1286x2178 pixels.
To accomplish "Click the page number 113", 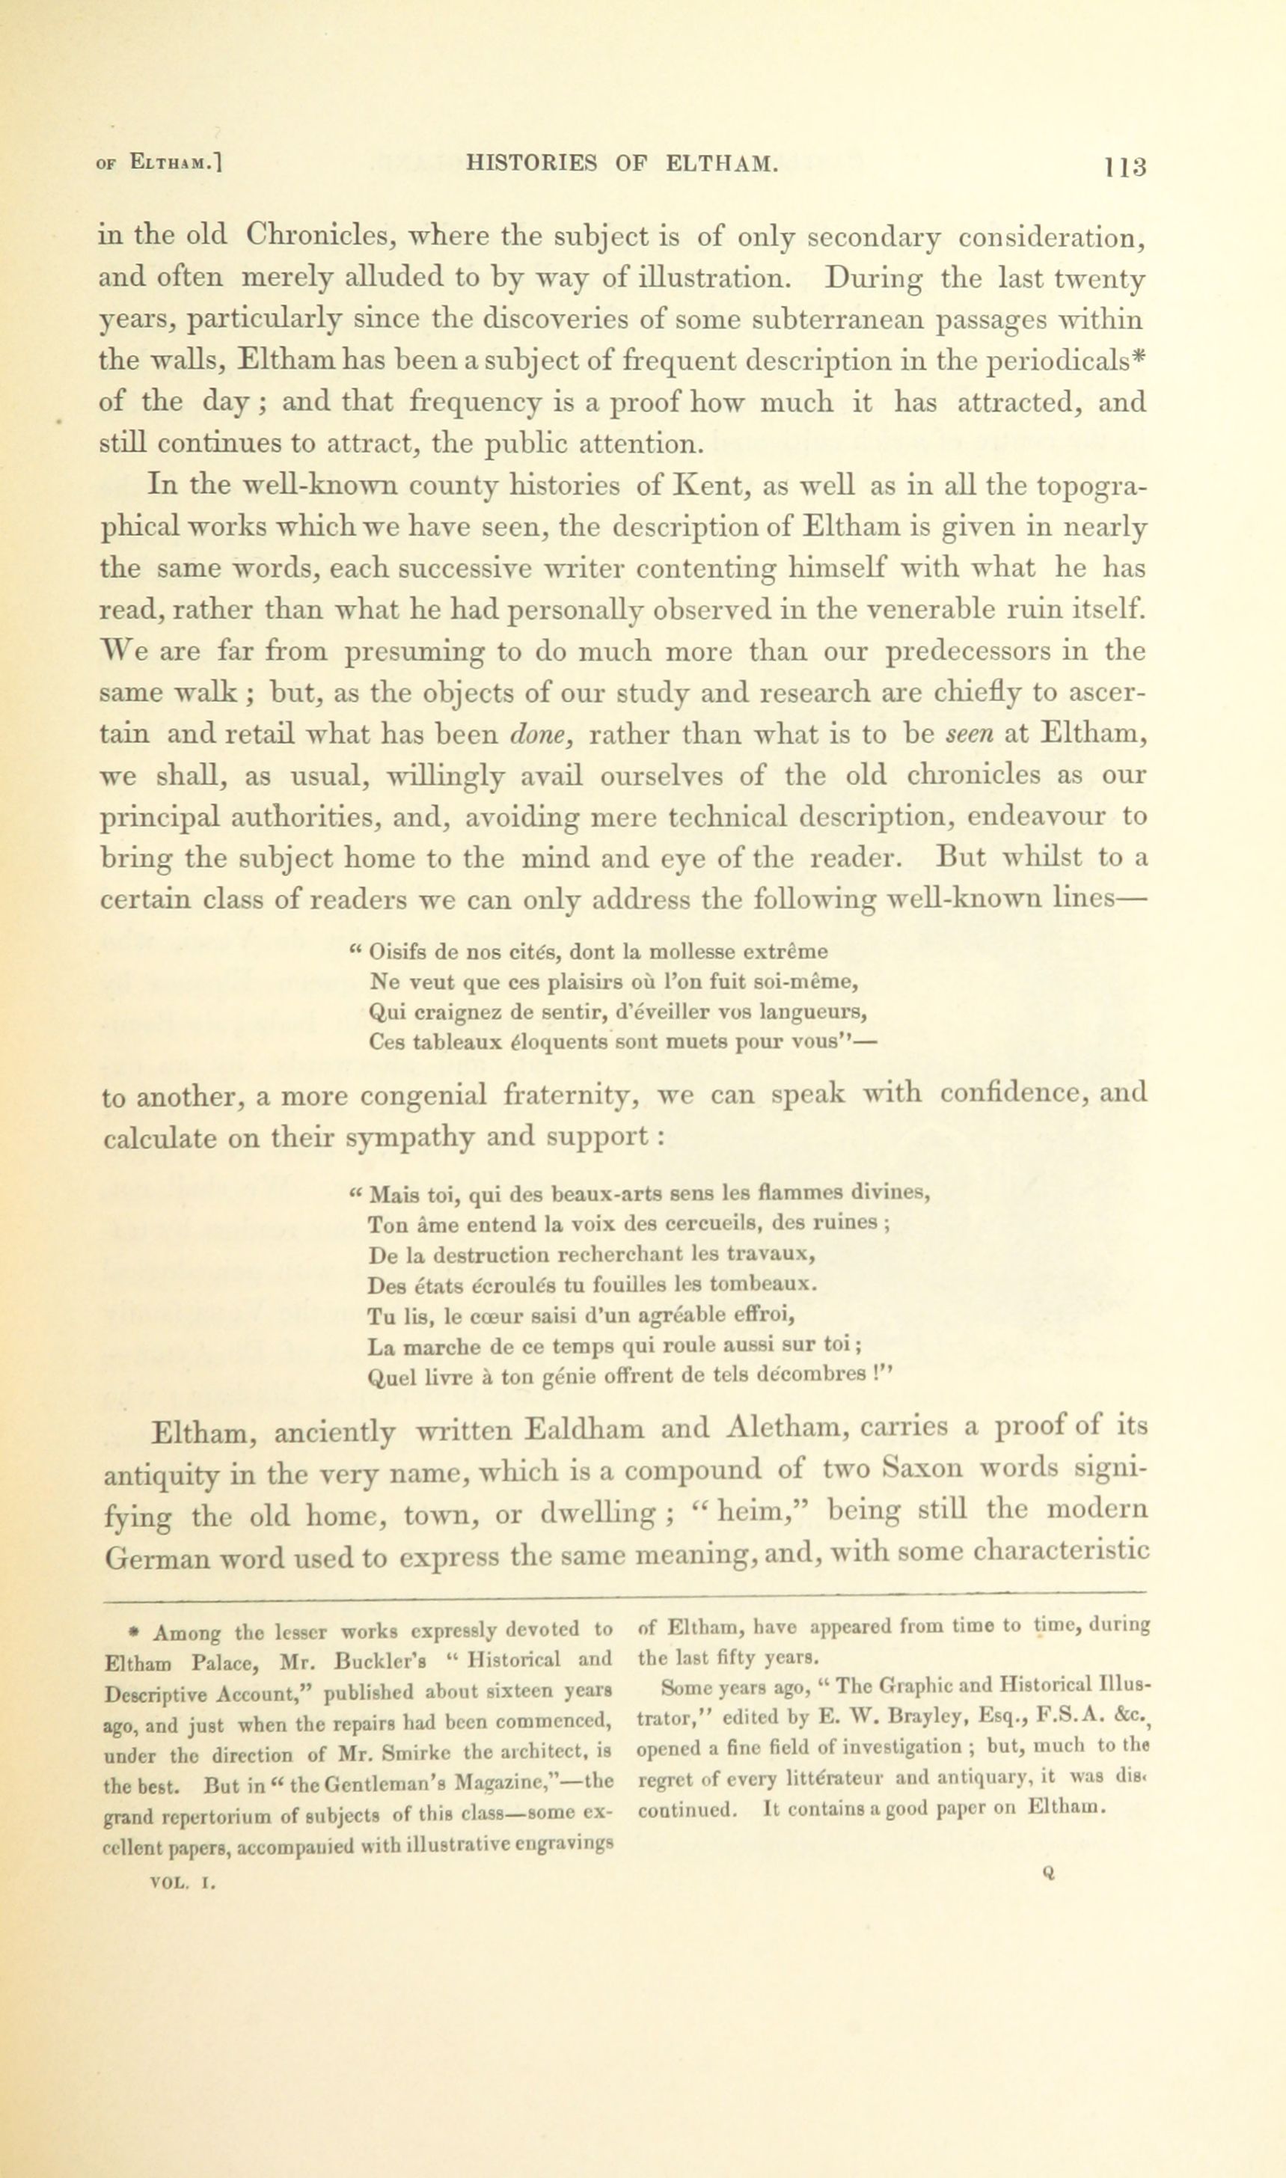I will coord(1125,166).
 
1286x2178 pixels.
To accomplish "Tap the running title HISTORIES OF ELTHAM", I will coord(622,163).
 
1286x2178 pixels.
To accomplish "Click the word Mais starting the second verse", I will coord(394,1196).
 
